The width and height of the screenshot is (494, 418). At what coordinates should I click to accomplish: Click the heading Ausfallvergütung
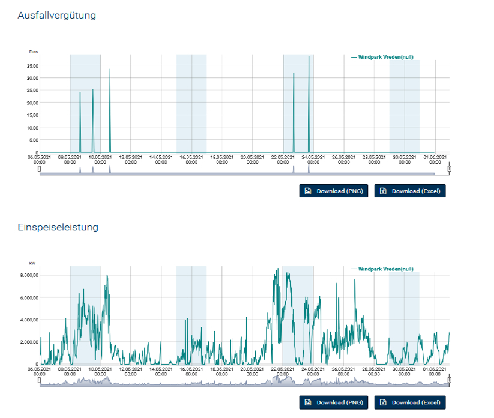tap(57, 16)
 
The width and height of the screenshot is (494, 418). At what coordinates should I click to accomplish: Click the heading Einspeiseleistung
tap(58, 227)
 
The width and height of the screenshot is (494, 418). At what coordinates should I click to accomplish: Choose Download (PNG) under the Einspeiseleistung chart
tap(333, 402)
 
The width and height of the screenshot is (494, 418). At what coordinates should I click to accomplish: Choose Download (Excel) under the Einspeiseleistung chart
tap(410, 402)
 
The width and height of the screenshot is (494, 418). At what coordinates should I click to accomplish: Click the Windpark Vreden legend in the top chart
tap(382, 57)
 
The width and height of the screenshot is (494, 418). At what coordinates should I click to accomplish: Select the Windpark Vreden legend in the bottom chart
tap(382, 269)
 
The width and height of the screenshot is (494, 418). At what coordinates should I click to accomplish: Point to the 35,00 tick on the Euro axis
tap(31, 65)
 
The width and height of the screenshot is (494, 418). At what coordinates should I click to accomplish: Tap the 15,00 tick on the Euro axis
tap(31, 115)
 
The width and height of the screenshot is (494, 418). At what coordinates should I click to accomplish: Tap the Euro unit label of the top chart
tap(34, 52)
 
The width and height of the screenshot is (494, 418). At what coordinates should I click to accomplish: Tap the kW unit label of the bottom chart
tap(32, 263)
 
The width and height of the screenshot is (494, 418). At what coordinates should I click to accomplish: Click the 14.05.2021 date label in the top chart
tap(161, 160)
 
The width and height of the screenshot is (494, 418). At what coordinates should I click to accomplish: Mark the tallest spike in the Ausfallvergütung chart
tap(309, 57)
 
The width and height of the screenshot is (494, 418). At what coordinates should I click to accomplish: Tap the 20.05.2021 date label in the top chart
tap(252, 160)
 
